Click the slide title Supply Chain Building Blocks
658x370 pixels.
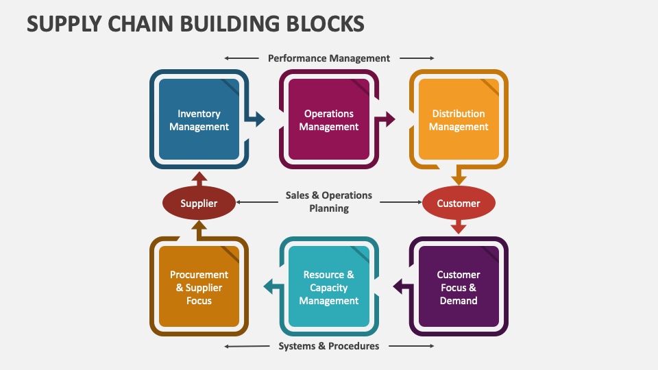click(x=195, y=24)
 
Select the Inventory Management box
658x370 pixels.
click(x=199, y=120)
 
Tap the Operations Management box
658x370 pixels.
click(x=329, y=120)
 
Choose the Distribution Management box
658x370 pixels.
click(x=459, y=120)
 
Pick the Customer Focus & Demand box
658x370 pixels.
click(x=459, y=287)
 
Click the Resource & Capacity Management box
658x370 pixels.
click(x=329, y=287)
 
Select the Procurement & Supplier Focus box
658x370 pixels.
click(x=199, y=287)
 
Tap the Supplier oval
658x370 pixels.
click(x=199, y=203)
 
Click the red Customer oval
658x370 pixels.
click(x=459, y=203)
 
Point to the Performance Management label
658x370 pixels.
click(x=329, y=58)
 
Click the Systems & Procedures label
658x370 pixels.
click(x=329, y=346)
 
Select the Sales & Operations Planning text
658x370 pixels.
click(x=329, y=201)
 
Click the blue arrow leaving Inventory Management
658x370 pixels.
click(x=258, y=119)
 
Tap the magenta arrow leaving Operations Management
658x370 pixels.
click(x=388, y=119)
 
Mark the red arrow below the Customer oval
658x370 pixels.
click(x=459, y=227)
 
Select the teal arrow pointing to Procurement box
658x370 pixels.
click(x=271, y=287)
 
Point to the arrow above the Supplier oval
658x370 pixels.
click(x=199, y=178)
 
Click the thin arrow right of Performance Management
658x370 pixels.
click(x=417, y=58)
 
